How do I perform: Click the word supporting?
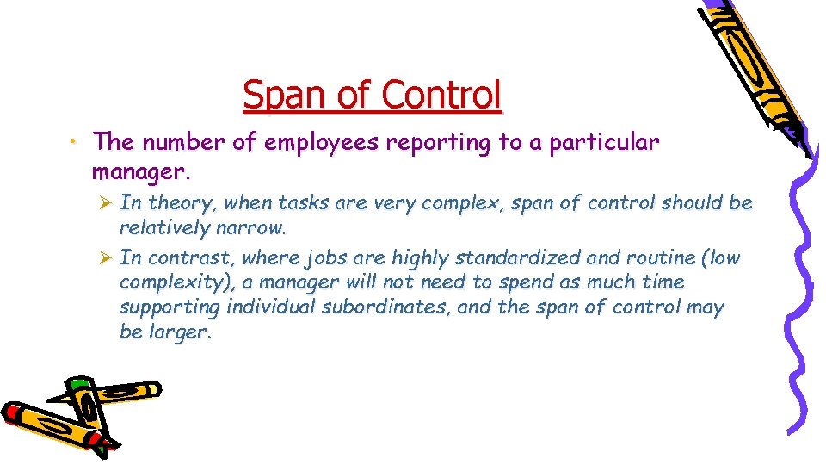(x=170, y=308)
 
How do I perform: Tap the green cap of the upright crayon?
(x=78, y=385)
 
